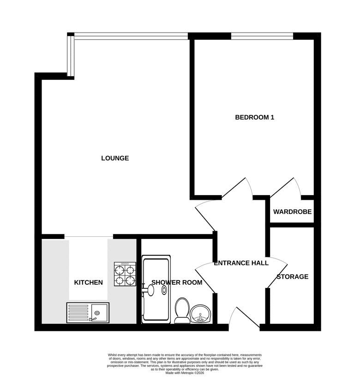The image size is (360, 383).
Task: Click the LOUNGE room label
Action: tap(115, 158)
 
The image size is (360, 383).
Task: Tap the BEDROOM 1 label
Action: tap(254, 118)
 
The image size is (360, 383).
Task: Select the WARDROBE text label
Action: tap(292, 212)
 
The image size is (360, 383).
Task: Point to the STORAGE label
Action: tap(292, 277)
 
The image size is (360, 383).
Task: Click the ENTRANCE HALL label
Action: tap(241, 263)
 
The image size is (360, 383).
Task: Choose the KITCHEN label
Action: tap(89, 282)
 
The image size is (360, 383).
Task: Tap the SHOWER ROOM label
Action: tap(177, 282)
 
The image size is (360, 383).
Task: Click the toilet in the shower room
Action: tap(182, 311)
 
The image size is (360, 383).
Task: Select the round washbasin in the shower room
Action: tap(200, 314)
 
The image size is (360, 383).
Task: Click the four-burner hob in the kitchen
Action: tap(125, 274)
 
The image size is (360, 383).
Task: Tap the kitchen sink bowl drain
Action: tap(97, 313)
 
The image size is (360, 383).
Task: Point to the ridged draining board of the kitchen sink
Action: tap(78, 313)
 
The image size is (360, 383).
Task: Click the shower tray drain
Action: tap(164, 290)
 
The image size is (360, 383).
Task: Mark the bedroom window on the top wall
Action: tap(262, 36)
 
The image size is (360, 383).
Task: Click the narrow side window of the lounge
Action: tap(71, 56)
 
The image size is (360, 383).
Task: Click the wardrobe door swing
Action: tap(286, 187)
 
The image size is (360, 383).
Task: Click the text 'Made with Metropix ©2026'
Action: tap(185, 373)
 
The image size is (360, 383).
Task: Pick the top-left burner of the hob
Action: tap(120, 270)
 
